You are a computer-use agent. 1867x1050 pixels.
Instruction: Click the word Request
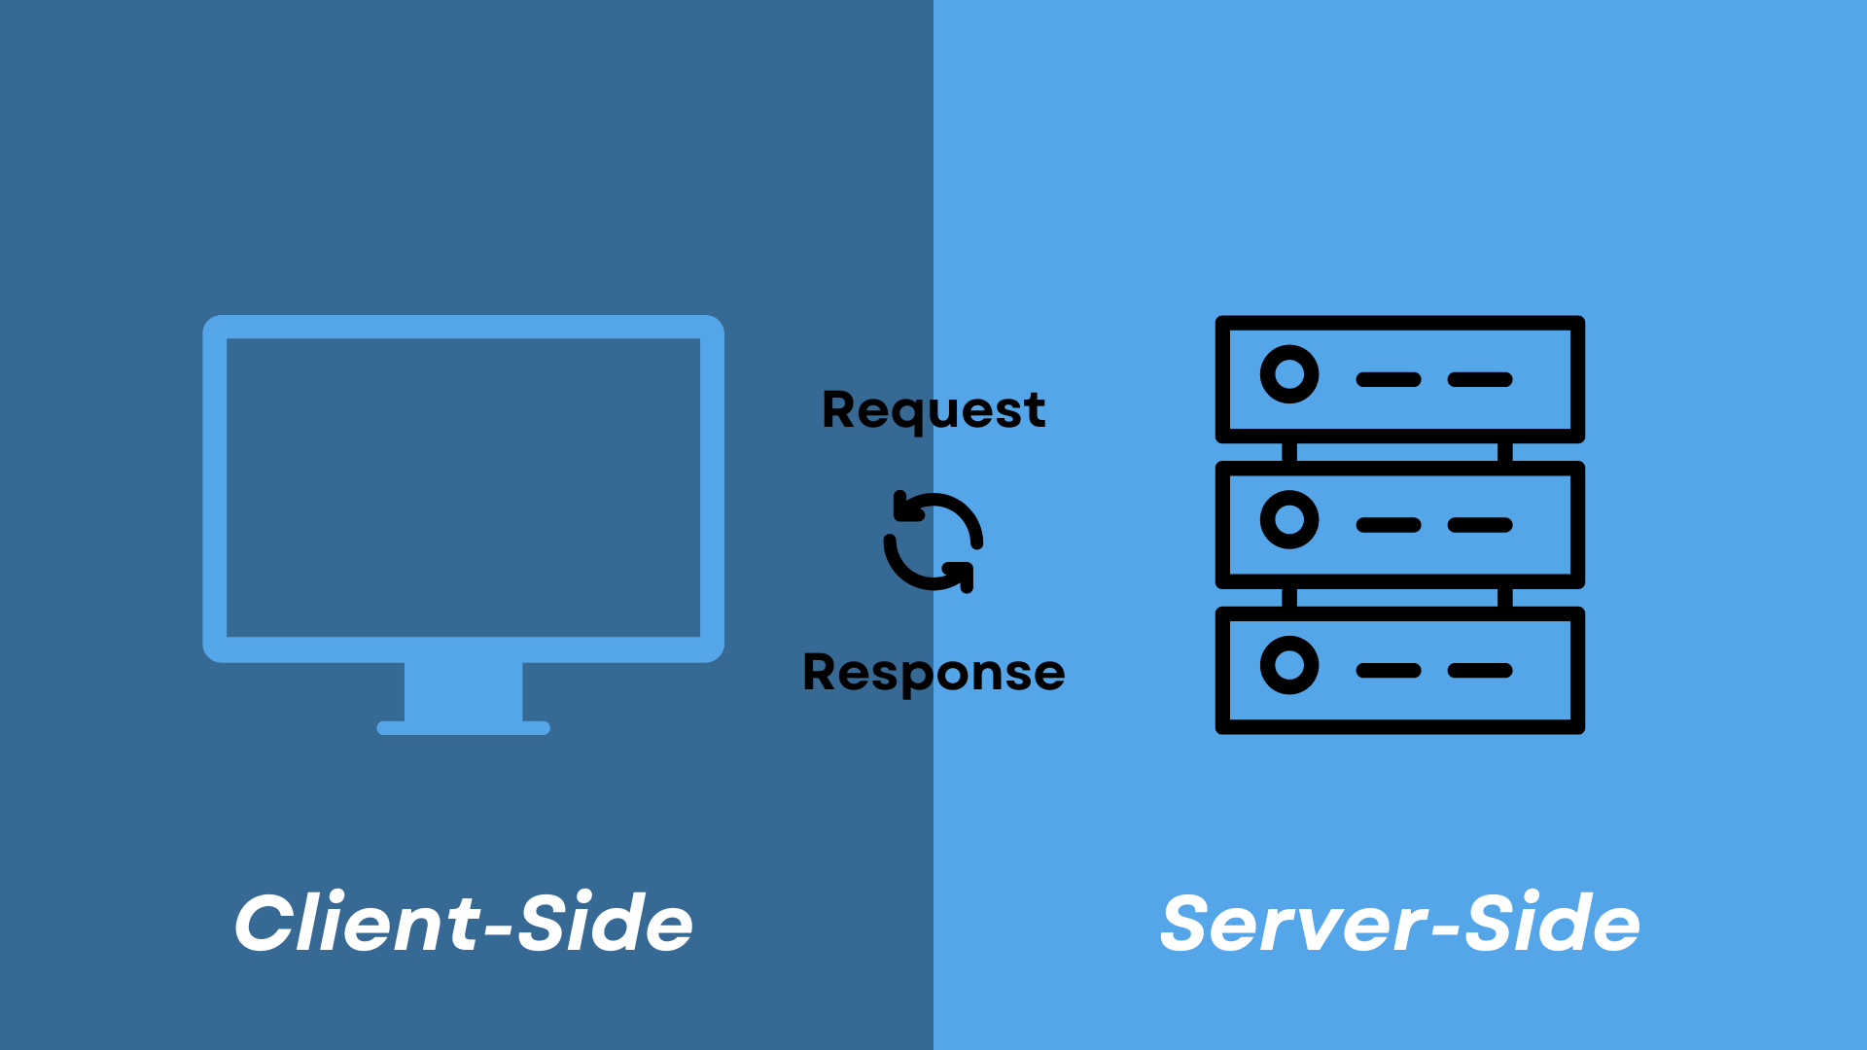(933, 410)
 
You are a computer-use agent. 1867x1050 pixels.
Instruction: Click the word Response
(933, 673)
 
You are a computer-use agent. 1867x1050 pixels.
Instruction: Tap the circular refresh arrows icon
(933, 542)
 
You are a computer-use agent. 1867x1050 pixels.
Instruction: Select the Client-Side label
(463, 923)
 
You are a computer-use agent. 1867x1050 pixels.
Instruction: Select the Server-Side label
(1399, 923)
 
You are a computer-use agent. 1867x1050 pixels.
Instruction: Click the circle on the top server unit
(1289, 374)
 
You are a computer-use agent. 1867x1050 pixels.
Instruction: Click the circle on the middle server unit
(1289, 519)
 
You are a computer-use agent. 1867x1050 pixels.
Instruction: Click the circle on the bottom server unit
(1289, 665)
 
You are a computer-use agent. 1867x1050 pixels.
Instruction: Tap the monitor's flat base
(463, 728)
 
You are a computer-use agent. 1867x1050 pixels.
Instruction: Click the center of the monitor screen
(463, 487)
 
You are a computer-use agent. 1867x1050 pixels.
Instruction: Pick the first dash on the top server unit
(1389, 379)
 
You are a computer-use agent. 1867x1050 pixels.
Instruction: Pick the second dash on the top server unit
(1480, 379)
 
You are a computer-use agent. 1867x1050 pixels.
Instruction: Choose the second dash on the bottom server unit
(1480, 670)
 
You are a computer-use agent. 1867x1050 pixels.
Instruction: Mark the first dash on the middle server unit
(1389, 525)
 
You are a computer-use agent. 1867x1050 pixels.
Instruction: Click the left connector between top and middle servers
(1289, 452)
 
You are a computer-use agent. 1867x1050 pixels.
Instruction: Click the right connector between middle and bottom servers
(1505, 598)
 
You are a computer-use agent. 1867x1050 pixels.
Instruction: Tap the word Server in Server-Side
(1293, 923)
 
